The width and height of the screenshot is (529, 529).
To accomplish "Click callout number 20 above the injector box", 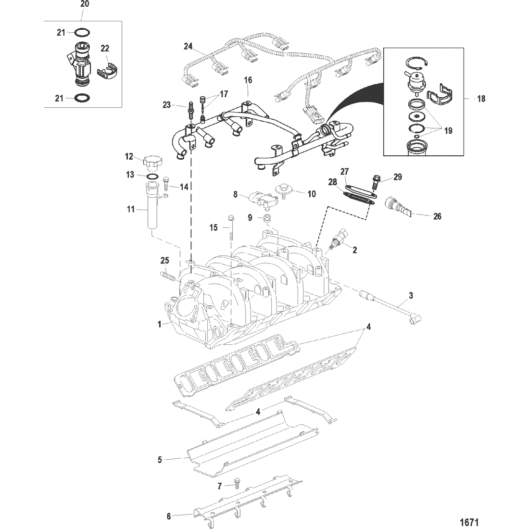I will click(85, 4).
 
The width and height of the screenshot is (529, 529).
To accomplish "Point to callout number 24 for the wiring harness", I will click(188, 46).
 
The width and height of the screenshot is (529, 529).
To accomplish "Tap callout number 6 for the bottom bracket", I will click(169, 516).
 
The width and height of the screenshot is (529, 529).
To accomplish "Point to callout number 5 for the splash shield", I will click(160, 459).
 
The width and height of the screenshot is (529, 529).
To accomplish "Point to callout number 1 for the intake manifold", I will click(159, 325).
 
